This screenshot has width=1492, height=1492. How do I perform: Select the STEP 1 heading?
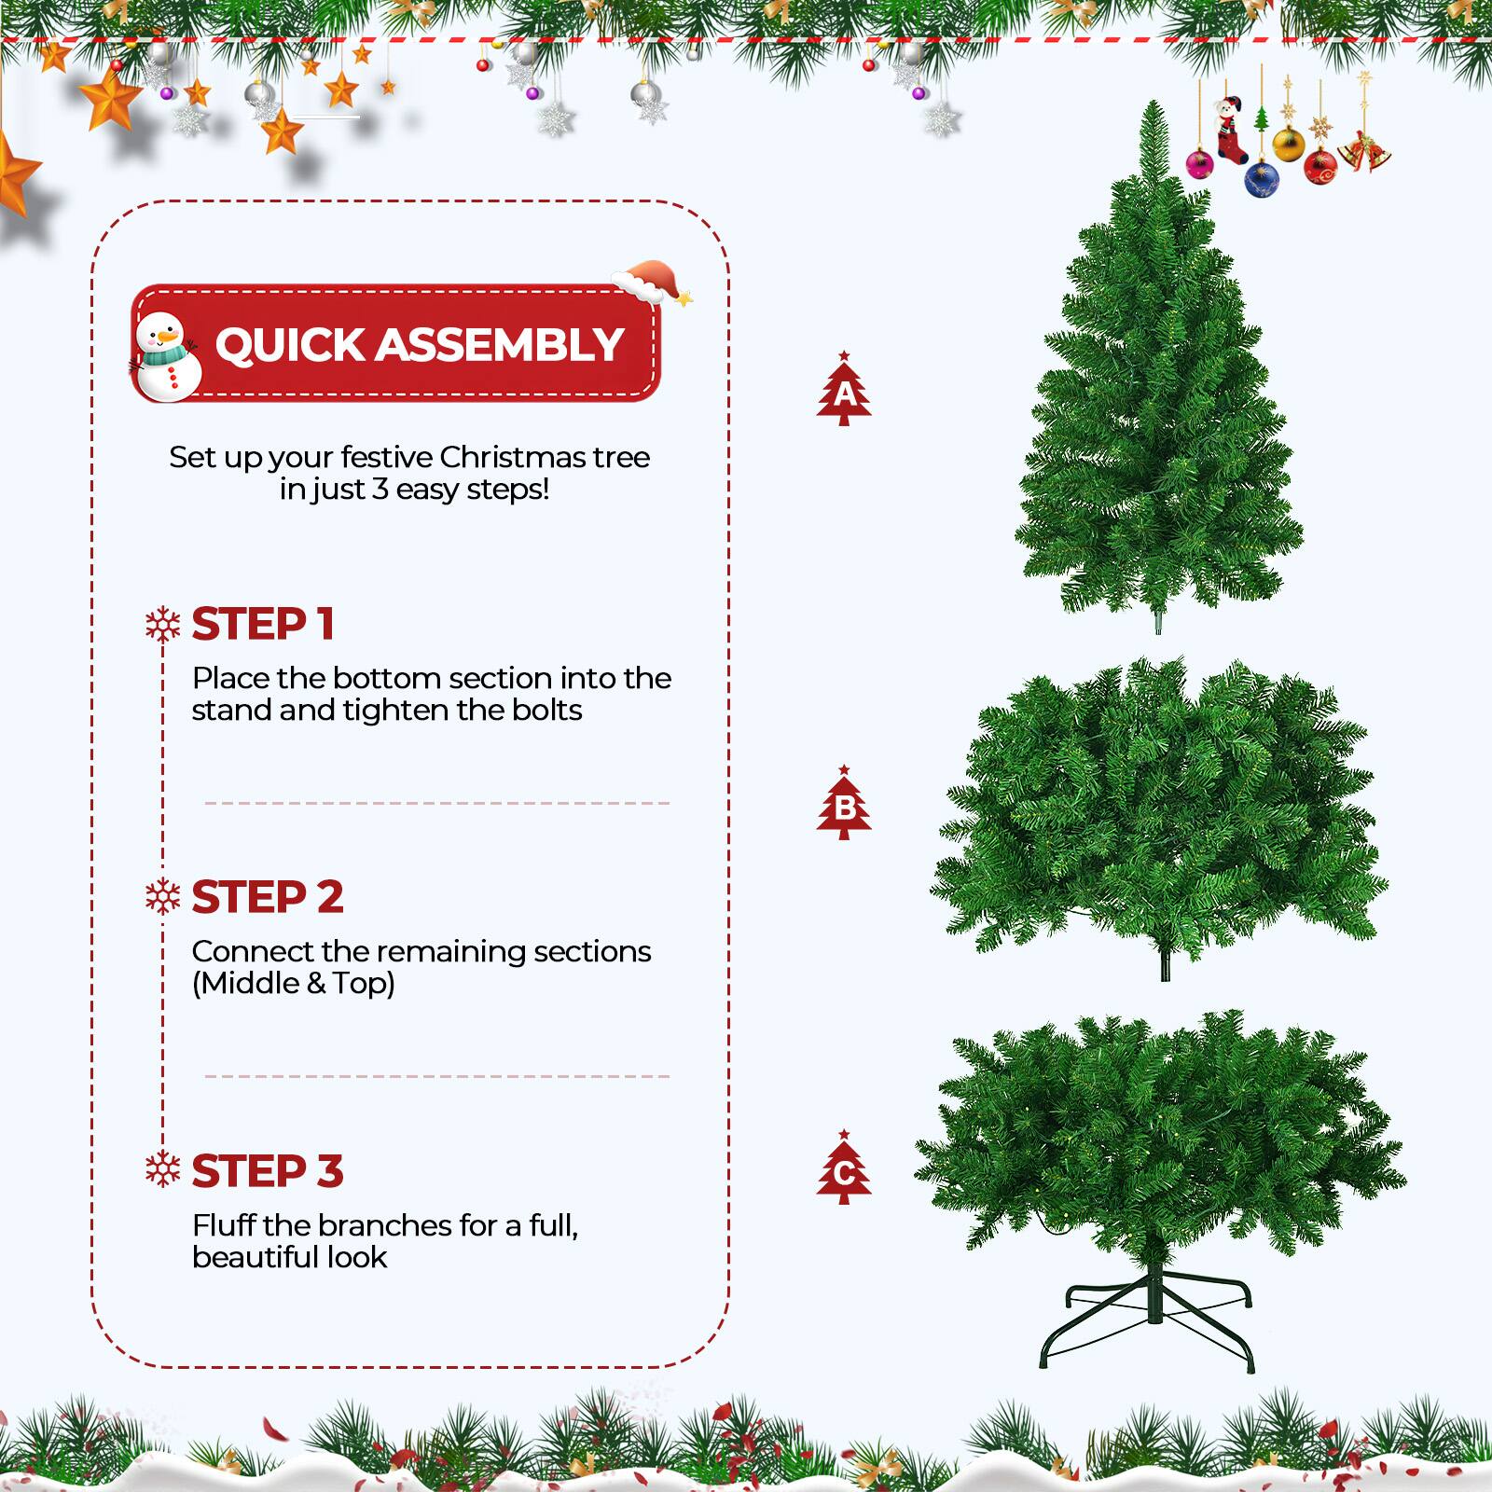pos(263,624)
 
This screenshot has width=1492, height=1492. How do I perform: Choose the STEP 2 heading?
pos(268,897)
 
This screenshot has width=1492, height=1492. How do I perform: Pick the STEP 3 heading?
pos(268,1171)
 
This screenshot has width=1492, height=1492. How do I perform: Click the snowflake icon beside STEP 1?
pos(163,625)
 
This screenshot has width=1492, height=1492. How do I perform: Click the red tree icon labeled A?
pos(844,390)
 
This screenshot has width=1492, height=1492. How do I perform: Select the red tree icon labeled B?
pos(844,804)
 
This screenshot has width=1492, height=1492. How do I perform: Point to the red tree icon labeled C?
pos(844,1168)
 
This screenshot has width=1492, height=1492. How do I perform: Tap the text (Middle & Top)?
pos(294,983)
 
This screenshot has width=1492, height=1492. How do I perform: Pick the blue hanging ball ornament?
pos(1261,178)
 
